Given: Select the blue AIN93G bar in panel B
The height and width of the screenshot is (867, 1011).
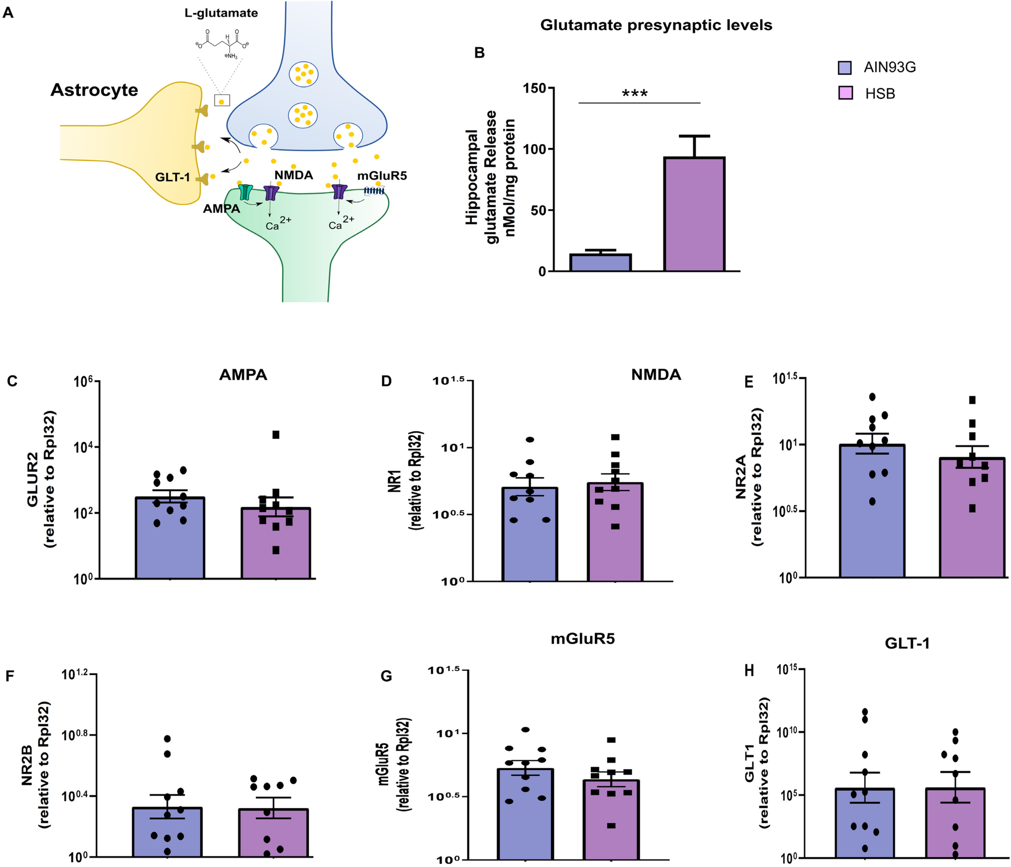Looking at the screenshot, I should pyautogui.click(x=600, y=263).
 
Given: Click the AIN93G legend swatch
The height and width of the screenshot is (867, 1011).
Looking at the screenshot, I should pyautogui.click(x=845, y=68).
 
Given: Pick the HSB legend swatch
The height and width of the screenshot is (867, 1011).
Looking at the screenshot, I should pyautogui.click(x=845, y=93).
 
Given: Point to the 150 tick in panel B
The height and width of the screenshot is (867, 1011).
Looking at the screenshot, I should pyautogui.click(x=534, y=89).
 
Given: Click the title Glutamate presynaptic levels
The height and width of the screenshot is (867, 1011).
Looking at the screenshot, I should pyautogui.click(x=656, y=25).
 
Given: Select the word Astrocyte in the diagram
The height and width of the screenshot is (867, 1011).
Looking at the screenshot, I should pyautogui.click(x=94, y=90).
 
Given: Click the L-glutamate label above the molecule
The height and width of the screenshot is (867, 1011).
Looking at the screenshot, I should pyautogui.click(x=221, y=13).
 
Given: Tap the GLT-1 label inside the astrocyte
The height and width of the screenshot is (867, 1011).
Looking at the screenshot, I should pyautogui.click(x=172, y=177).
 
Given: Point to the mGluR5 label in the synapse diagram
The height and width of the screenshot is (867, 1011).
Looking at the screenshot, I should pyautogui.click(x=382, y=176).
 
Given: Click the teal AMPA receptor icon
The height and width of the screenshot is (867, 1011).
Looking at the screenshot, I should pyautogui.click(x=246, y=192).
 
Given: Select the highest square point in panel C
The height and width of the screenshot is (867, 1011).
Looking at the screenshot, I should pyautogui.click(x=276, y=435).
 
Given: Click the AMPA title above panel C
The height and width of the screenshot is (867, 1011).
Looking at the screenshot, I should pyautogui.click(x=243, y=375).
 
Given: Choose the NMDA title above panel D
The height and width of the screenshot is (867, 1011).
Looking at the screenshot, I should pyautogui.click(x=656, y=375).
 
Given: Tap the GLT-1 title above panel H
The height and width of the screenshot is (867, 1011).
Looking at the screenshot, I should pyautogui.click(x=907, y=643).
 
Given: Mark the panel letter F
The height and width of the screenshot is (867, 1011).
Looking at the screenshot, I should pyautogui.click(x=10, y=675).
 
